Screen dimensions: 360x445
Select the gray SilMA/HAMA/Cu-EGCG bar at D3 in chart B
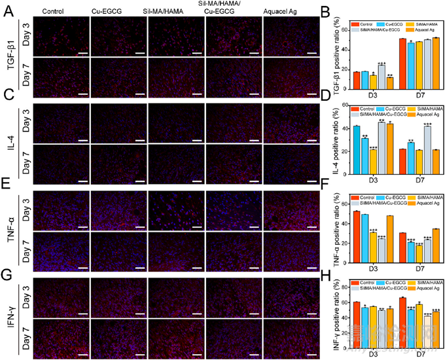(382, 75)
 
